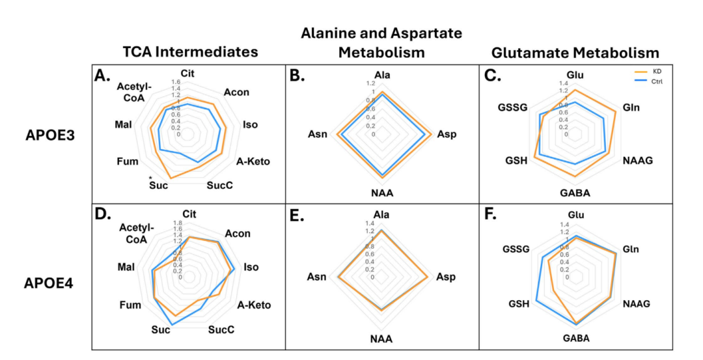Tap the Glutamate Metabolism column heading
pyautogui.click(x=575, y=52)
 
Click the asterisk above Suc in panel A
pyautogui.click(x=150, y=177)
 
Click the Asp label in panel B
pyautogui.click(x=447, y=135)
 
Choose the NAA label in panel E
pyautogui.click(x=381, y=339)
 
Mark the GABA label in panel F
pyautogui.click(x=576, y=338)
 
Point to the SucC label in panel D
pyautogui.click(x=221, y=329)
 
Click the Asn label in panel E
pyautogui.click(x=318, y=278)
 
